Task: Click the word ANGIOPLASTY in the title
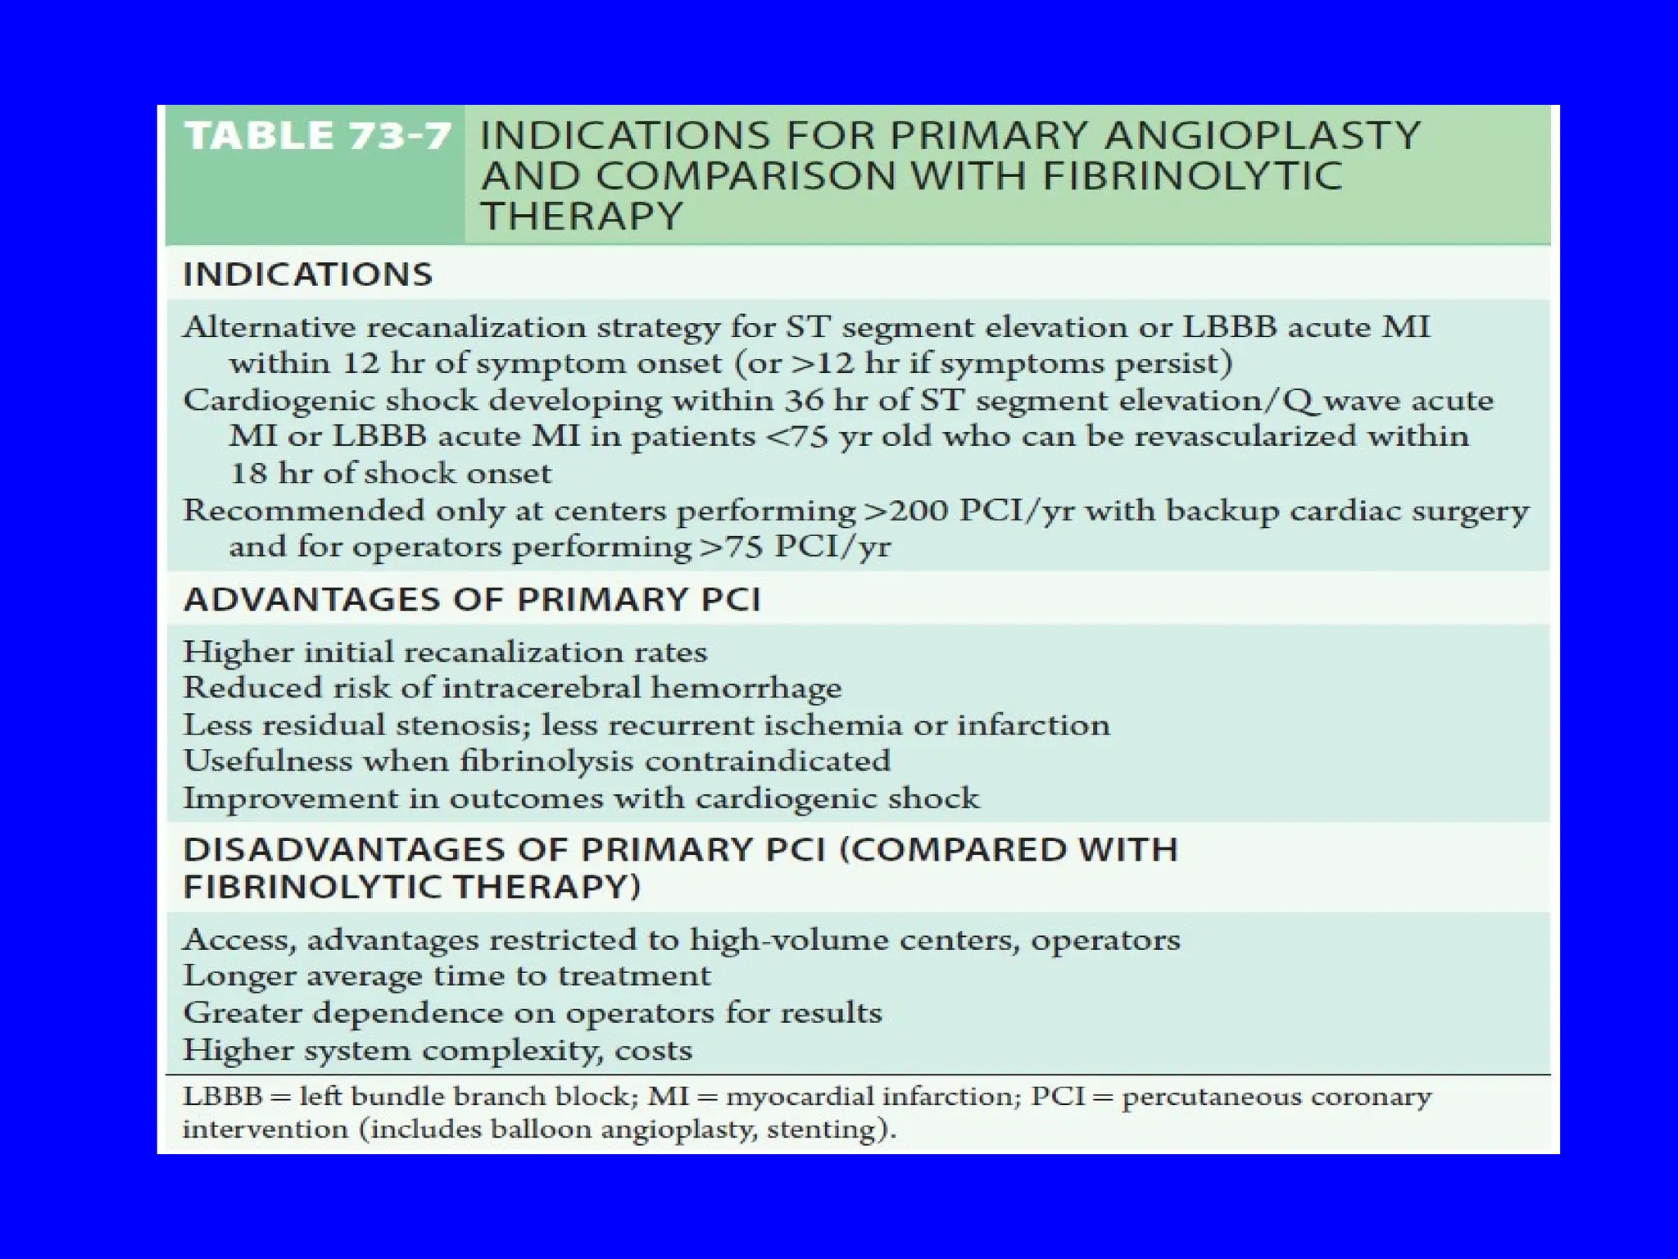coord(1262,136)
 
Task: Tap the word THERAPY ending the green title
coord(581,216)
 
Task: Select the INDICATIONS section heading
coord(307,275)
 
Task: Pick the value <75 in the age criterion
coord(795,436)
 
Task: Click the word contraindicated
coord(767,761)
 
